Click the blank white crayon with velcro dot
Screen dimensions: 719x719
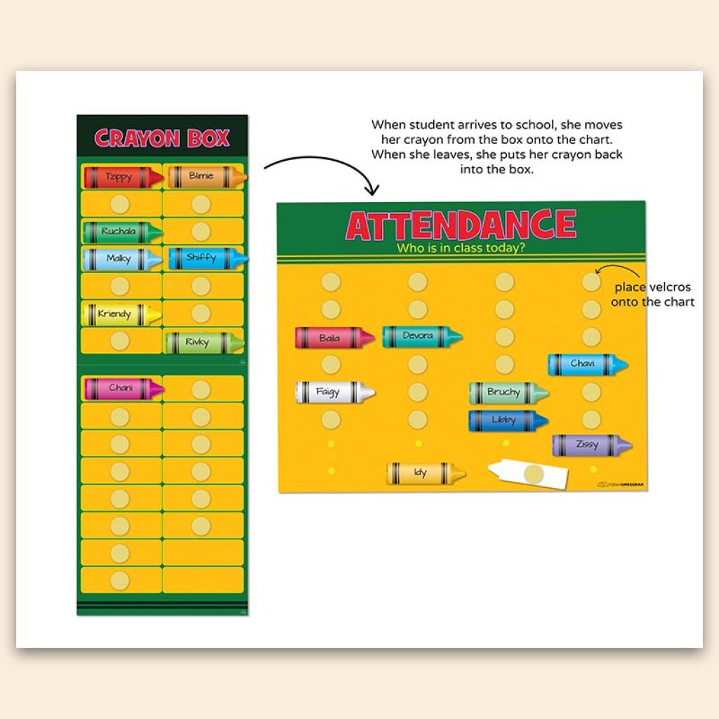click(x=529, y=474)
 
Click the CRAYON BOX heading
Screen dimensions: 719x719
click(x=162, y=138)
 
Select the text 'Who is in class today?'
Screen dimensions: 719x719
click(x=461, y=248)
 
